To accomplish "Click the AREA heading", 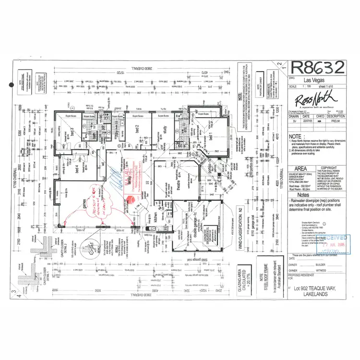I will (300, 168).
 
